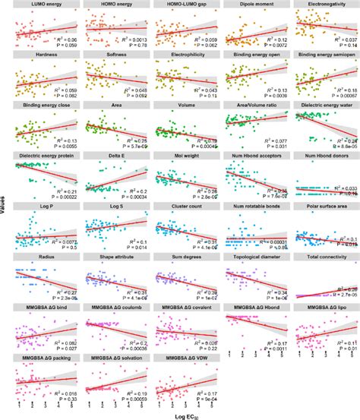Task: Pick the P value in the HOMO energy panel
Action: [x=135, y=45]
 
